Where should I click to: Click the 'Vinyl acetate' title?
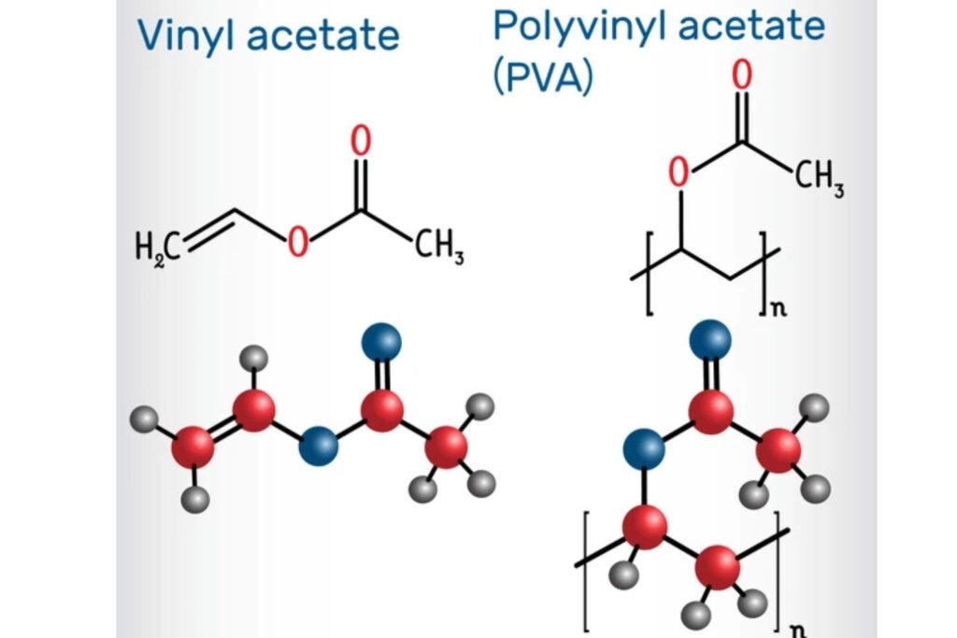(x=268, y=35)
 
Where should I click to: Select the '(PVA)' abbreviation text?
(x=543, y=78)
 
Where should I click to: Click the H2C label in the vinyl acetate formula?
(x=157, y=249)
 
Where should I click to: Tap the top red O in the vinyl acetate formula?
(x=361, y=141)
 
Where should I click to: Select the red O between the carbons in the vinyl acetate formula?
(x=298, y=241)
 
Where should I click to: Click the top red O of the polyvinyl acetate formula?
(x=741, y=76)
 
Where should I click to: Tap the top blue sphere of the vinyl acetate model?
(x=381, y=342)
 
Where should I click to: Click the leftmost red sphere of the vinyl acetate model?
(x=193, y=447)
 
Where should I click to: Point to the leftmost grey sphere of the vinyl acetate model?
(x=144, y=419)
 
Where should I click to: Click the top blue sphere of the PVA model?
(x=710, y=340)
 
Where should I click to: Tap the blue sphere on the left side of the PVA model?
(x=644, y=449)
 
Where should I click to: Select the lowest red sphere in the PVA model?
(x=717, y=567)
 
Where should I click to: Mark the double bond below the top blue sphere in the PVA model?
(x=710, y=375)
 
